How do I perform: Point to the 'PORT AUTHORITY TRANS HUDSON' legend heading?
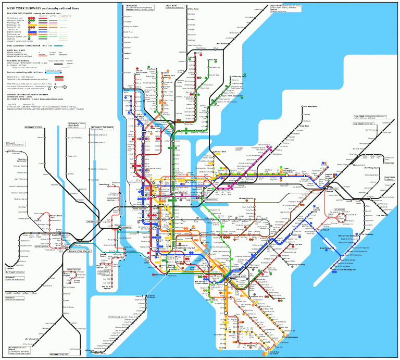(x=32, y=46)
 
